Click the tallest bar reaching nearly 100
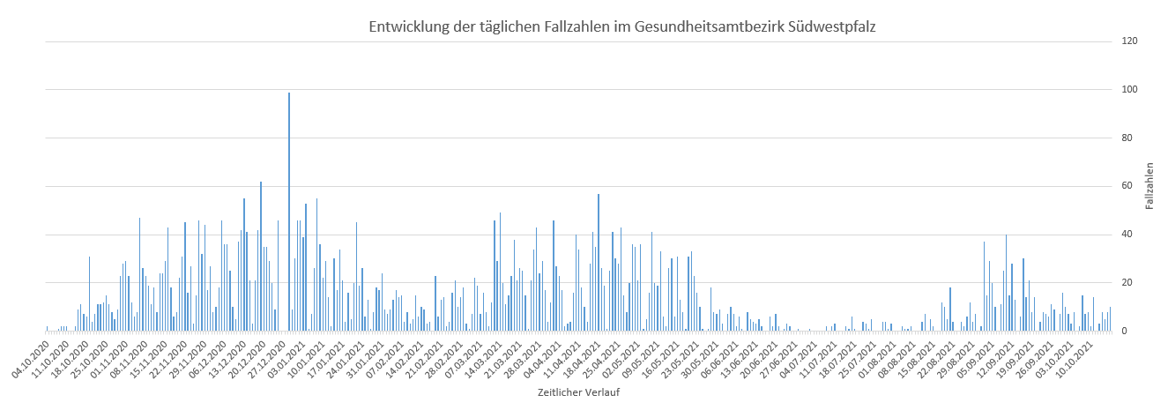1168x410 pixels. pyautogui.click(x=289, y=212)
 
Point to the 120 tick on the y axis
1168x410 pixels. pyautogui.click(x=1127, y=41)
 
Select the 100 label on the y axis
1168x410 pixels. pyautogui.click(x=1127, y=90)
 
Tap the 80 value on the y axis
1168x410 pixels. pyautogui.click(x=1127, y=138)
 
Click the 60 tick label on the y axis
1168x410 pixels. pyautogui.click(x=1127, y=186)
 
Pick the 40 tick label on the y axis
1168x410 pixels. pyautogui.click(x=1127, y=235)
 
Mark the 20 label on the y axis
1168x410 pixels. pyautogui.click(x=1127, y=283)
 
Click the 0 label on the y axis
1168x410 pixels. pyautogui.click(x=1125, y=332)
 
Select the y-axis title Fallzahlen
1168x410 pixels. pyautogui.click(x=1150, y=186)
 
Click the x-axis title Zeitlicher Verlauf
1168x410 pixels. pyautogui.click(x=578, y=392)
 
